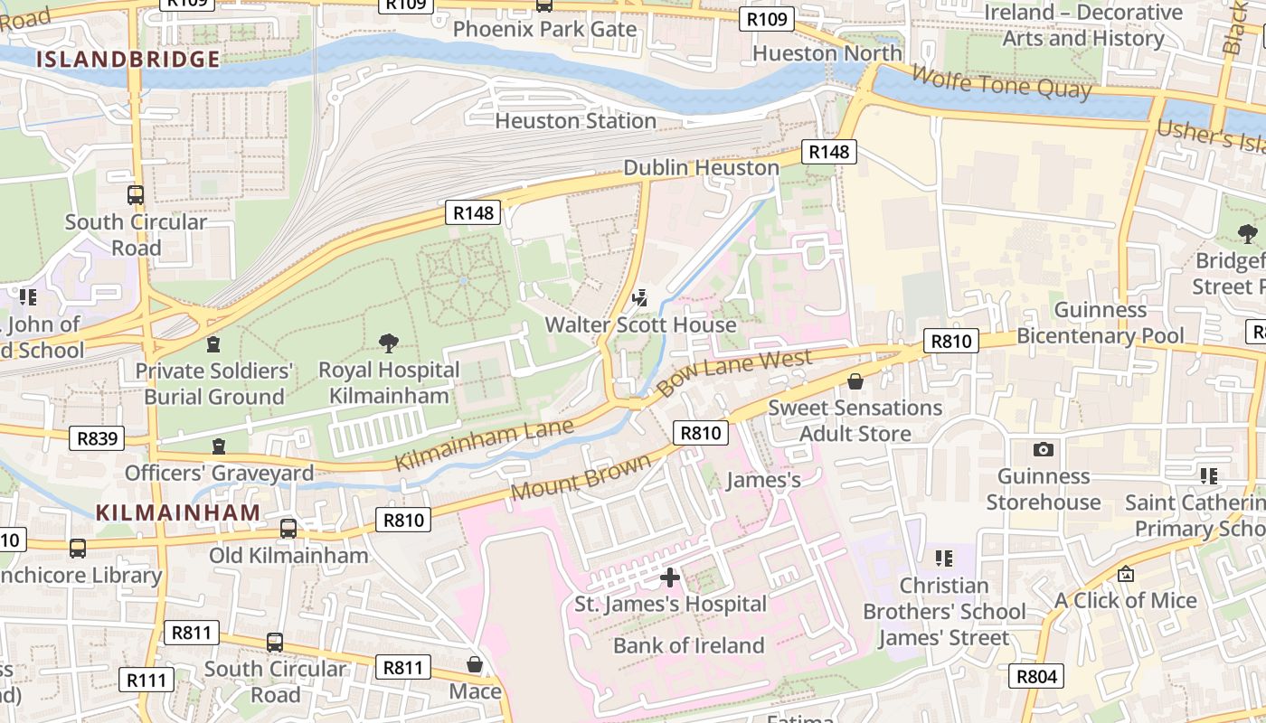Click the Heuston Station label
(575, 121)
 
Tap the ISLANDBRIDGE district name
(128, 60)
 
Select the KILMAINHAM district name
(178, 512)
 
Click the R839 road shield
(97, 439)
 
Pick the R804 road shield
(1036, 676)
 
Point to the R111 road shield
(146, 680)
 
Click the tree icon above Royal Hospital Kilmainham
(389, 343)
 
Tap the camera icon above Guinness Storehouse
(1043, 449)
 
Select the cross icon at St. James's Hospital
(670, 577)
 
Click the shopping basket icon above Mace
(475, 665)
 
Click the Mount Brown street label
(580, 477)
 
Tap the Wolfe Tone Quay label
(1001, 82)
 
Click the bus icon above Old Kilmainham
(288, 529)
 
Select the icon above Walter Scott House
(640, 297)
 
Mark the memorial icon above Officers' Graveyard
(218, 446)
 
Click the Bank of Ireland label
(688, 645)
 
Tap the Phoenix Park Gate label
(544, 29)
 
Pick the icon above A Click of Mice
(1126, 574)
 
